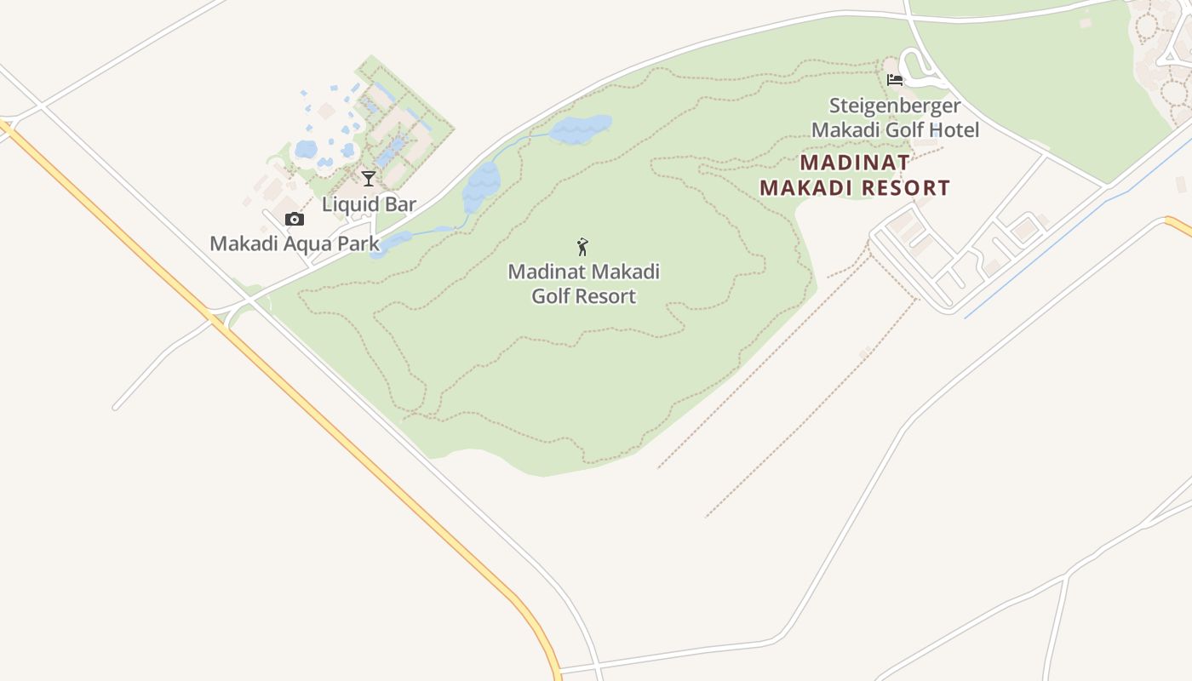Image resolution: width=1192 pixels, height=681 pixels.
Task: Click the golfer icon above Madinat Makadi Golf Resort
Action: pyautogui.click(x=583, y=247)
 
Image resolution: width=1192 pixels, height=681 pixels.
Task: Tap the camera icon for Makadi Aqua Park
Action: pyautogui.click(x=295, y=220)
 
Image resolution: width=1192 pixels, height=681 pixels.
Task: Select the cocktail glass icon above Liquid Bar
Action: pyautogui.click(x=369, y=178)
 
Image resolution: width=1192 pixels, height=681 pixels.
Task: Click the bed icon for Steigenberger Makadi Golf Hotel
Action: pyautogui.click(x=894, y=80)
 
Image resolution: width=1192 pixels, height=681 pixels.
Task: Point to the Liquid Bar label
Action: pyautogui.click(x=369, y=204)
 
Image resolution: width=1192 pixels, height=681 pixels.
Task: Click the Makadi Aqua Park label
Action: pyautogui.click(x=294, y=243)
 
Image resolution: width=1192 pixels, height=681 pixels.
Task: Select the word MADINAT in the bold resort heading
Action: pyautogui.click(x=854, y=162)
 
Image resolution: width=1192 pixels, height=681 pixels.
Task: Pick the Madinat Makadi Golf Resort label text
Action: pyautogui.click(x=583, y=283)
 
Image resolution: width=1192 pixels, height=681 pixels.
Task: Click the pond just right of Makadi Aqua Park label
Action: pyautogui.click(x=393, y=243)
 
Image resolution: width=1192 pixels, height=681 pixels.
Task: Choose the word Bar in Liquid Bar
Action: pyautogui.click(x=399, y=204)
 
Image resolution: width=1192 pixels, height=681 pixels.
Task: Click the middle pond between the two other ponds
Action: pyautogui.click(x=481, y=187)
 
